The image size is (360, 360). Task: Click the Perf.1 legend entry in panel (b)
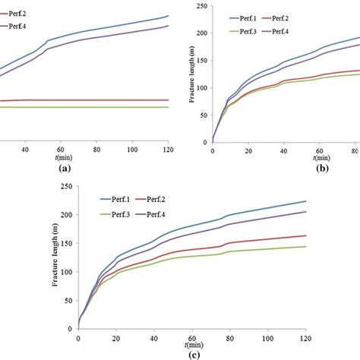tap(262, 17)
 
